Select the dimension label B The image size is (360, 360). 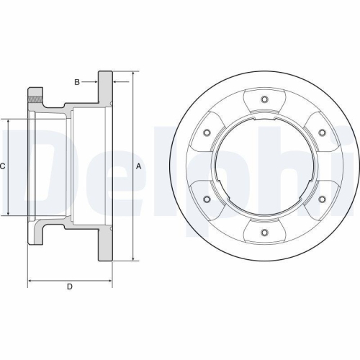pos(77,82)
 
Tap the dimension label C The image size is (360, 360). pos(4,166)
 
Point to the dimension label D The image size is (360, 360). pos(70,287)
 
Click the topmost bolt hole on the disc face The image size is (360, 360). pos(264,99)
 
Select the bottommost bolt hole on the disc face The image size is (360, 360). pos(264,232)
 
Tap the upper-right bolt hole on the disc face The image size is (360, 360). pos(321,132)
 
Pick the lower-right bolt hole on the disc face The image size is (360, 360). pos(321,199)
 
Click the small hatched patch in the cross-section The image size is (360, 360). pos(34,99)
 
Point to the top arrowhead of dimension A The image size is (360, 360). pos(134,74)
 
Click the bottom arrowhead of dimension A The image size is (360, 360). pos(134,258)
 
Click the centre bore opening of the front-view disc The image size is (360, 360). pos(264,166)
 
